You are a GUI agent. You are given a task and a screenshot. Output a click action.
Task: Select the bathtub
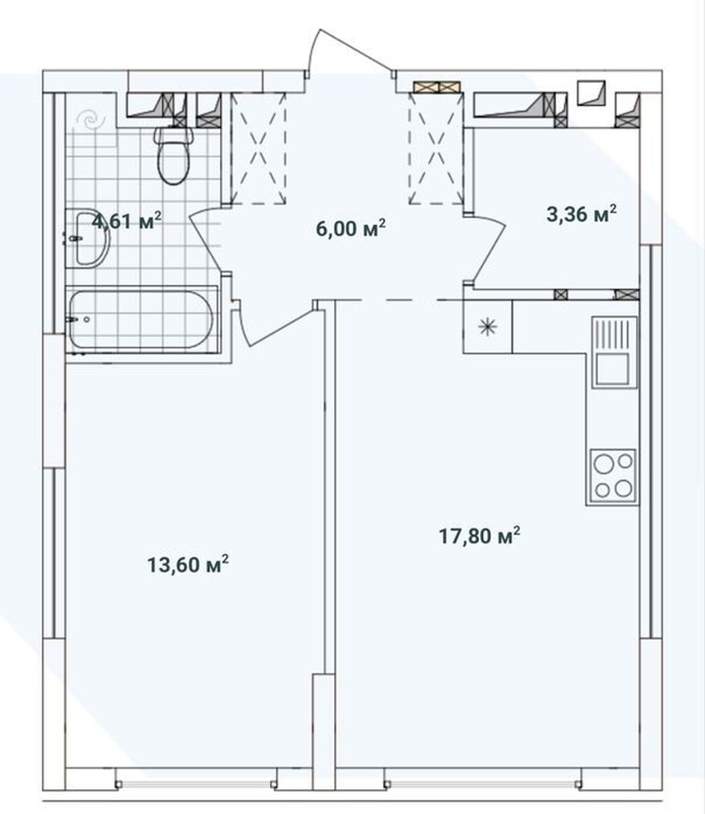[x=142, y=319]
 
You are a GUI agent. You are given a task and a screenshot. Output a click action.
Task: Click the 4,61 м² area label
[x=127, y=221]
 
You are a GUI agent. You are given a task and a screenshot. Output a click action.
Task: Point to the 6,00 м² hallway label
[x=351, y=228]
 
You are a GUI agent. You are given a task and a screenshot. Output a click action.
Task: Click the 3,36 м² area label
[x=582, y=214]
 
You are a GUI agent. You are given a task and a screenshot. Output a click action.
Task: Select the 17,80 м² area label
[x=480, y=536]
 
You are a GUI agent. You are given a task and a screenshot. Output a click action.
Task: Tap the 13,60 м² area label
[x=188, y=564]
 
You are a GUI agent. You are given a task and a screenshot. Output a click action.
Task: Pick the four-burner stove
[x=613, y=476]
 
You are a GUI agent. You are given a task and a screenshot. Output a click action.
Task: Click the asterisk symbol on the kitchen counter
[x=488, y=327]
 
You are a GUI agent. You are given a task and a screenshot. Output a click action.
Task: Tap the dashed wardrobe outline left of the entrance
[x=259, y=148]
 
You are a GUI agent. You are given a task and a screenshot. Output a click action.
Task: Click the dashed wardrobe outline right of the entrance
[x=436, y=149]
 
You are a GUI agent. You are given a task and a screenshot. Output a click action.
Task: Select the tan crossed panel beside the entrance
[x=437, y=86]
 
